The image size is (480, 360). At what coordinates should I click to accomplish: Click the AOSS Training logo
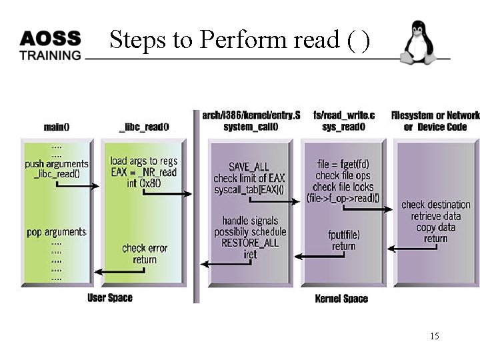(x=50, y=45)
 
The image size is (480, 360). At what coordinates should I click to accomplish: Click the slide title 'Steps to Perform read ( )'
(x=239, y=40)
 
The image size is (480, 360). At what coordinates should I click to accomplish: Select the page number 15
(x=434, y=336)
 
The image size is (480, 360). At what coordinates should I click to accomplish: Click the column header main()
(x=57, y=127)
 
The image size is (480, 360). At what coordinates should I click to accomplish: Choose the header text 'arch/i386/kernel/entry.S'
(x=251, y=115)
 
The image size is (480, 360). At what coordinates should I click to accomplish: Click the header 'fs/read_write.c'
(x=344, y=115)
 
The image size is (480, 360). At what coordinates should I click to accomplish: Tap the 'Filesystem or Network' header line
(x=435, y=115)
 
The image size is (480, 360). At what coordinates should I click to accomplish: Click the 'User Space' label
(x=110, y=298)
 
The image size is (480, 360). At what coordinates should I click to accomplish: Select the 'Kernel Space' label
(x=341, y=299)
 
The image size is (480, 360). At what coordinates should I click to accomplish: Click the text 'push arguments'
(x=57, y=163)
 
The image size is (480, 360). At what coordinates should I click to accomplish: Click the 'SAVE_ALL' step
(x=249, y=167)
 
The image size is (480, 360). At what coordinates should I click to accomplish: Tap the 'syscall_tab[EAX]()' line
(x=249, y=189)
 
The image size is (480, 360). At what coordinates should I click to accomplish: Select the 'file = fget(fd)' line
(x=343, y=164)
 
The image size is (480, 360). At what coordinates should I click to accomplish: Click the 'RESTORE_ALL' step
(x=250, y=243)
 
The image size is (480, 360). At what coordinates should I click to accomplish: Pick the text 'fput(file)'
(x=343, y=235)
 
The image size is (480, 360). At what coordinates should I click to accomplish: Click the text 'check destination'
(x=436, y=205)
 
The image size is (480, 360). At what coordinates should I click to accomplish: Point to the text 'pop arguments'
(x=57, y=232)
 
